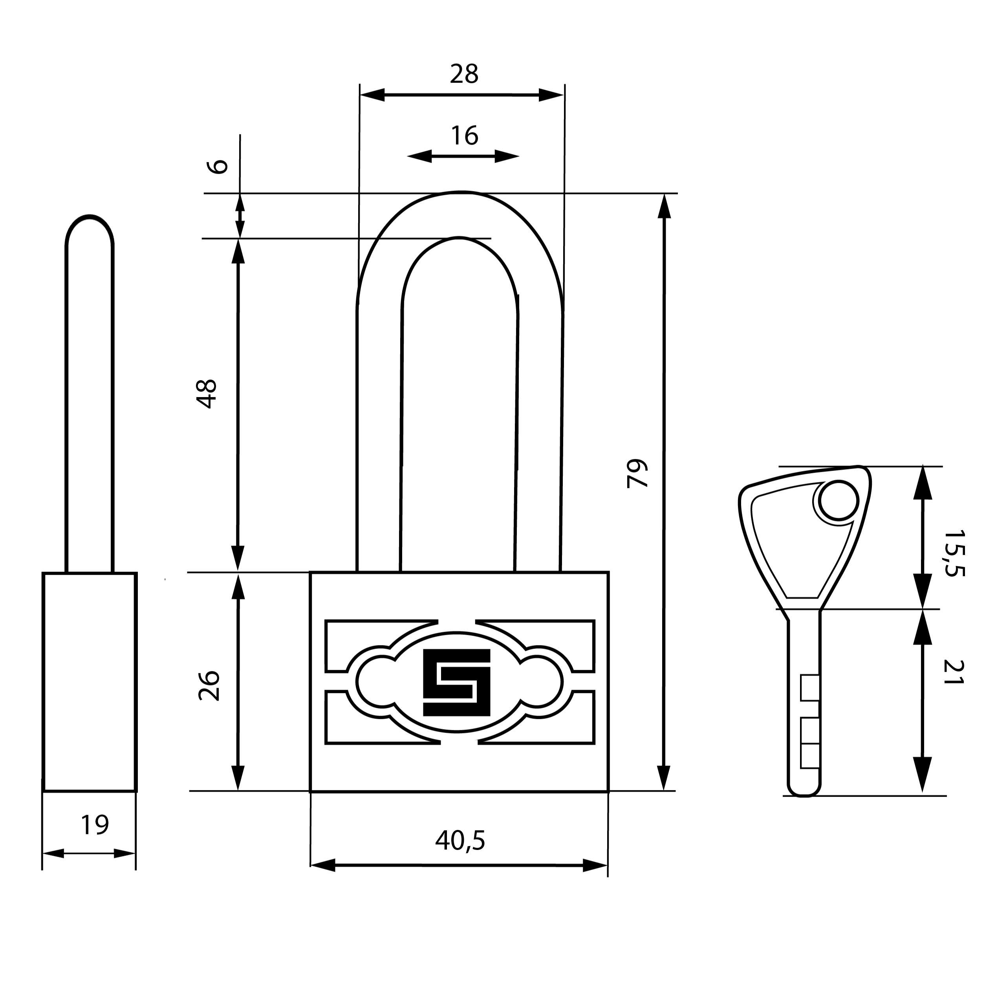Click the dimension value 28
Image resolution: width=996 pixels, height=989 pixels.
coord(464,74)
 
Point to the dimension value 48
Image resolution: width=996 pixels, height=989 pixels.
coord(208,394)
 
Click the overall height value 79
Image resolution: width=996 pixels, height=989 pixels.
coord(637,473)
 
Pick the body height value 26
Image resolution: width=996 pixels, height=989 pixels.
coord(209,686)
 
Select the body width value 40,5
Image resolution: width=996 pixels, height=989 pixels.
coord(460,841)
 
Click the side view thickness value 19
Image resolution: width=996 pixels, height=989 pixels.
coord(95,825)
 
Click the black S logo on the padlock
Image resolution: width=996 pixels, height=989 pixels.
coord(456,682)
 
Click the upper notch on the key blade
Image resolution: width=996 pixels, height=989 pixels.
coord(810,688)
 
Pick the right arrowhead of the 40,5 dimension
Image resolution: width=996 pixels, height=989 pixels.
coord(595,866)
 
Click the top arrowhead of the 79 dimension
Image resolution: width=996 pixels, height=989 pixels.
coord(665,206)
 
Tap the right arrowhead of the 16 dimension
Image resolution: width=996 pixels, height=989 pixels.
coord(506,156)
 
